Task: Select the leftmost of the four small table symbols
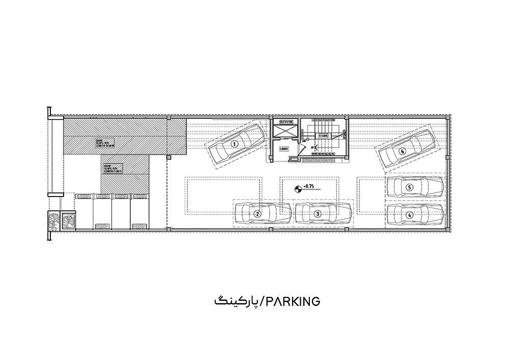(x=84, y=197)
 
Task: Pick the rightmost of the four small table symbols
(x=140, y=197)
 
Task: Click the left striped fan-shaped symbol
(x=102, y=220)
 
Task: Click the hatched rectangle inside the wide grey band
(x=104, y=143)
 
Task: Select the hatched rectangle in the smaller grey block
(x=112, y=168)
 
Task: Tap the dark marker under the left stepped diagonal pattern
(x=234, y=143)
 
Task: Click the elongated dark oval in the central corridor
(x=307, y=188)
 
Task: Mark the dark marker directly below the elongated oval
(x=318, y=213)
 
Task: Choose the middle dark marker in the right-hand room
(x=410, y=187)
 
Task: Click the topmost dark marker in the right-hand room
(x=402, y=151)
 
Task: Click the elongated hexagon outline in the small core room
(x=285, y=123)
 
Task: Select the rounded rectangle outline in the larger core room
(x=323, y=136)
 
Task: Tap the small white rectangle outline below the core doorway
(x=294, y=159)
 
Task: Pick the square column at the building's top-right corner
(x=448, y=118)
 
